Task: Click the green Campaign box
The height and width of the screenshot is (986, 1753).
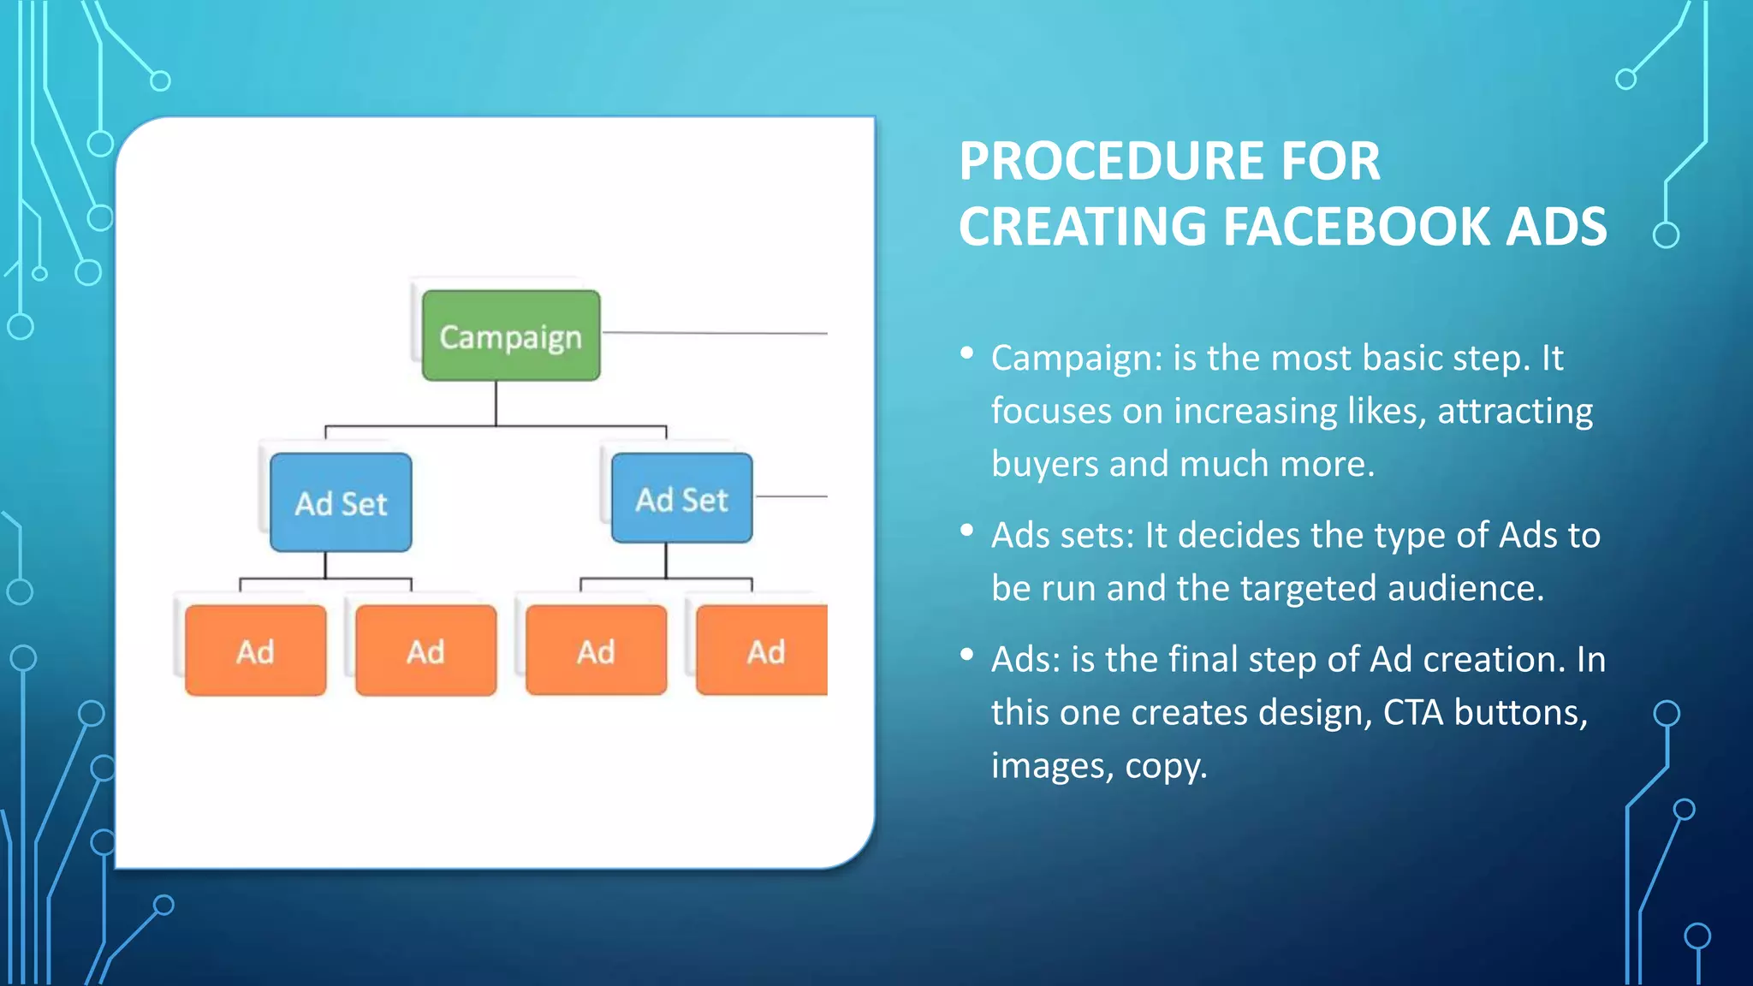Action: pos(511,336)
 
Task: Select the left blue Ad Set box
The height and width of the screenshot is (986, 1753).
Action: pos(341,502)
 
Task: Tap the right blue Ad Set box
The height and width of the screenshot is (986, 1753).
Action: pos(682,498)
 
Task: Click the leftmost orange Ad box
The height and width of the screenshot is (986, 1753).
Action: pos(255,650)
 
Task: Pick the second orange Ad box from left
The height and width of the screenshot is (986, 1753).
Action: pos(425,650)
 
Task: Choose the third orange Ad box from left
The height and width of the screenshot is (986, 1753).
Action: pos(596,650)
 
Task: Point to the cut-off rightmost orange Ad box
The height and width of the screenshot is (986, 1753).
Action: pos(763,650)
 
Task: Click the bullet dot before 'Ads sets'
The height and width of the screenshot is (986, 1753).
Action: pos(967,531)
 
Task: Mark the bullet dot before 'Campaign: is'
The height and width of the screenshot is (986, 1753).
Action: pos(967,353)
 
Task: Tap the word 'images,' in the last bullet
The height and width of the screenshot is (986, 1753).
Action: pos(1052,765)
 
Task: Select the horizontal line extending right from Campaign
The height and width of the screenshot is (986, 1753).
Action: pos(715,332)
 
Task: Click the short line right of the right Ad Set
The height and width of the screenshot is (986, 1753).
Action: pos(792,496)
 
